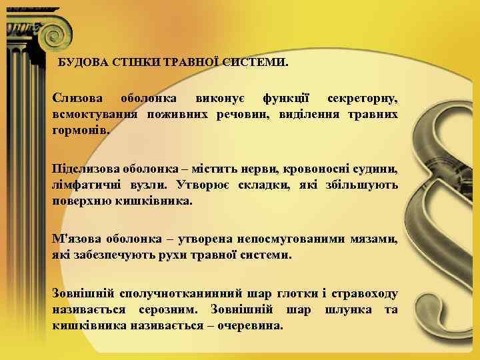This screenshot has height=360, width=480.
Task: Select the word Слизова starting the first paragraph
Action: pyautogui.click(x=77, y=100)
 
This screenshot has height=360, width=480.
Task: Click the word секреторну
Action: pyautogui.click(x=363, y=100)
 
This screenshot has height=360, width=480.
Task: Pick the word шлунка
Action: pyautogui.click(x=343, y=311)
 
